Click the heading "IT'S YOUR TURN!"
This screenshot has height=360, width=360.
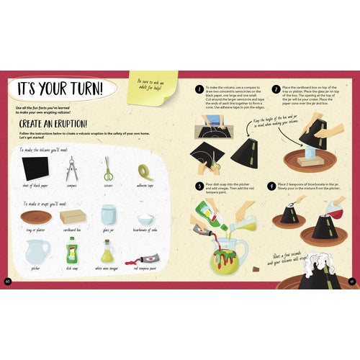pos(58,89)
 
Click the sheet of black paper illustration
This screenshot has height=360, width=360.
pos(35,170)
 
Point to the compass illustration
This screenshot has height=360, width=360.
pos(71,170)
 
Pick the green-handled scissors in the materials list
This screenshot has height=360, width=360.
pos(108,169)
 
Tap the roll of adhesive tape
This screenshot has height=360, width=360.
pos(145,171)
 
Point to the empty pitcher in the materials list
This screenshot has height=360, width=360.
pos(35,251)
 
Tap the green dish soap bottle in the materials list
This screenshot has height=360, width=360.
pos(72,251)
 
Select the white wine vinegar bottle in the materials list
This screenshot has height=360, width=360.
pos(108,252)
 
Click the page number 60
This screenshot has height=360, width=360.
pos(8,280)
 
